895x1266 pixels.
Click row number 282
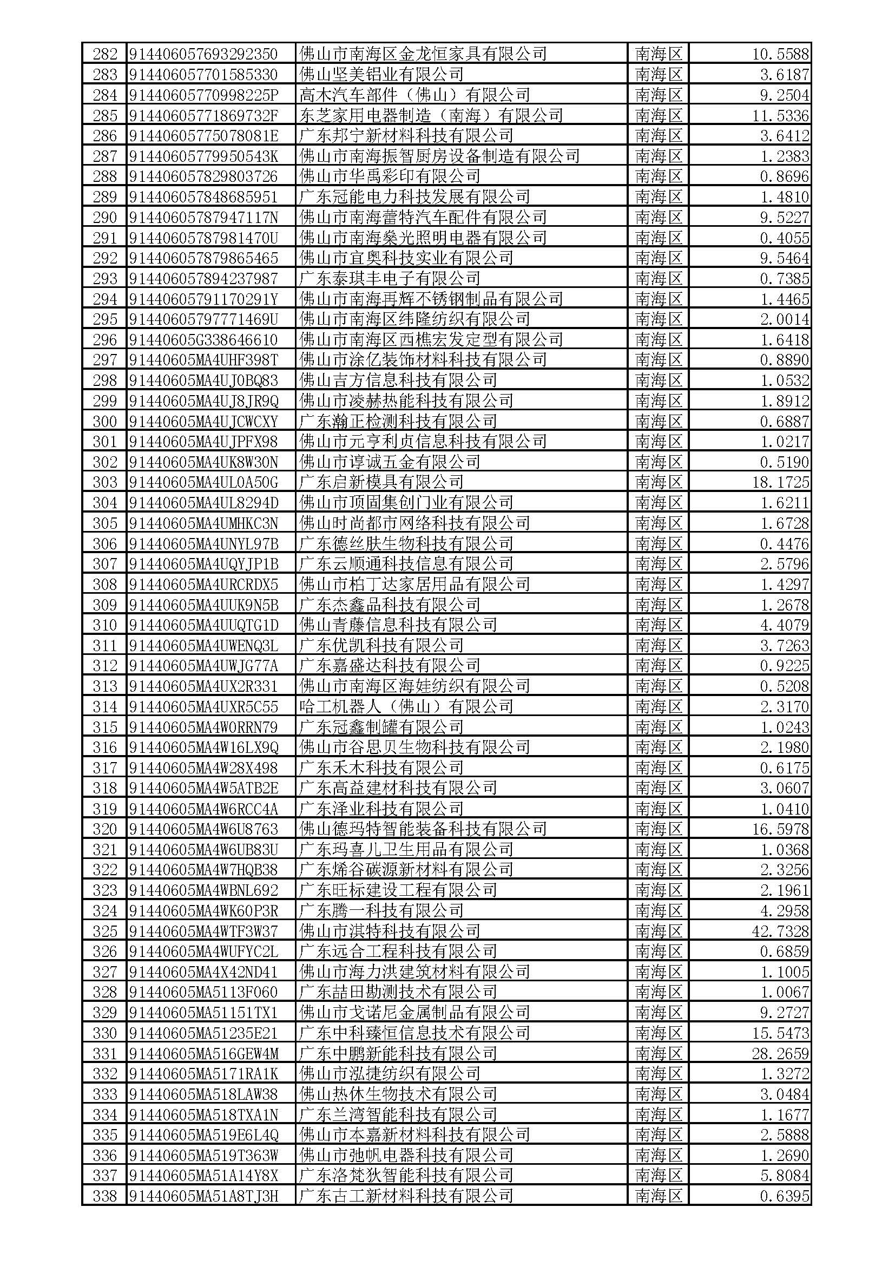click(105, 54)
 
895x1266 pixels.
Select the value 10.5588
click(780, 54)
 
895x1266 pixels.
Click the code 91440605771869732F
click(203, 115)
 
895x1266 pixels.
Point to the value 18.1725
click(780, 482)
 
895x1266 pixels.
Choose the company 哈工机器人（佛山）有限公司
click(406, 707)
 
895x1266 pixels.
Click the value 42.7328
click(780, 932)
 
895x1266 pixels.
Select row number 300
click(105, 421)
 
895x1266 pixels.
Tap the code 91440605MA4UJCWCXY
click(203, 421)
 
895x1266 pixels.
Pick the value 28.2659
click(780, 1054)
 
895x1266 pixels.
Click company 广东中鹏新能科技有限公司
click(397, 1054)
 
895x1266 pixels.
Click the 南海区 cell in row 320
click(659, 829)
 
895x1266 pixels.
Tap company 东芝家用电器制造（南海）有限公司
click(430, 115)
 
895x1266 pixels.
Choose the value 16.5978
click(780, 829)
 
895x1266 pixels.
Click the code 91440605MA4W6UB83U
click(203, 850)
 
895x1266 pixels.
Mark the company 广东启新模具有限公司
click(381, 482)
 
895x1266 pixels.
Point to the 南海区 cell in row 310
click(659, 625)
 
